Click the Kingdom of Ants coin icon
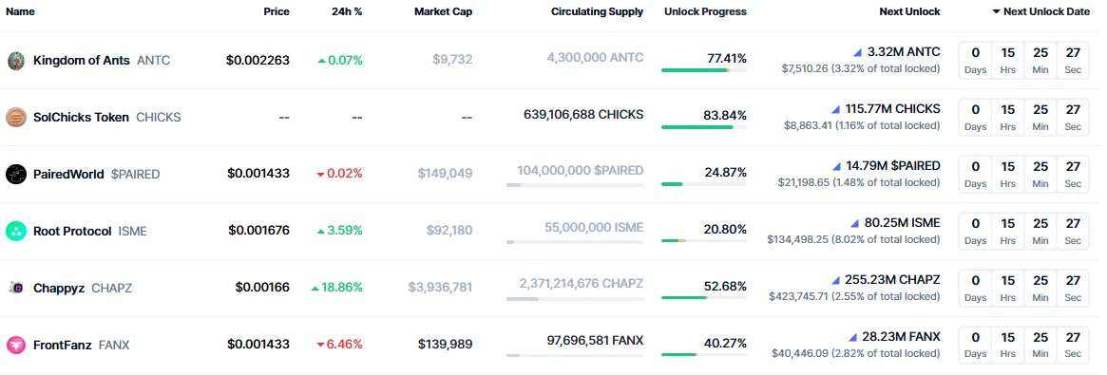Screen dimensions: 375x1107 coord(16,61)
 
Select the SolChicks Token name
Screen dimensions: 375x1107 coord(81,118)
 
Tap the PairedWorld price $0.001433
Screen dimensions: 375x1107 coord(258,174)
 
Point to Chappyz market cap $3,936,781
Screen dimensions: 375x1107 coord(440,288)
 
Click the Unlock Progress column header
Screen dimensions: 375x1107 coord(705,12)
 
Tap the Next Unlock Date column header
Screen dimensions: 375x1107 coord(1046,12)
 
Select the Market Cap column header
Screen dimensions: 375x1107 coord(443,12)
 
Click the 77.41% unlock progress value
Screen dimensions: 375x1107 coord(727,59)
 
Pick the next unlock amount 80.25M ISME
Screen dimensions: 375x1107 coord(902,223)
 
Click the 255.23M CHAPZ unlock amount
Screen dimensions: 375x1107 coord(892,280)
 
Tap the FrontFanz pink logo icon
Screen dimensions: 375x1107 coord(16,346)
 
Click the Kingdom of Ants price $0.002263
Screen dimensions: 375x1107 coord(258,61)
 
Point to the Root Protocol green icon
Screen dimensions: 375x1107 coord(16,232)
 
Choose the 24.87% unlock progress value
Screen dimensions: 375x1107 coord(727,173)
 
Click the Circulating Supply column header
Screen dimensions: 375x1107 coord(597,12)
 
